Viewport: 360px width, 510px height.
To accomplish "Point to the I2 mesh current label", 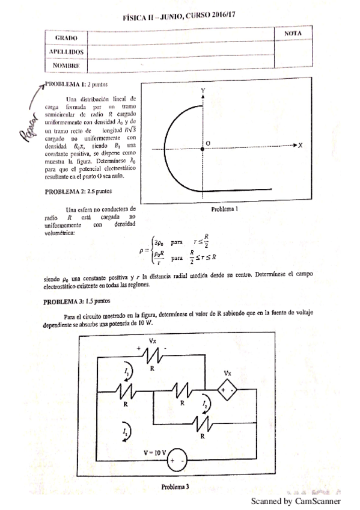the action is pos(205,404).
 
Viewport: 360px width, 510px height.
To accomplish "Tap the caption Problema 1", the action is pos(226,210).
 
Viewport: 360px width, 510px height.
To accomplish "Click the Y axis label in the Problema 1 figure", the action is pos(203,90).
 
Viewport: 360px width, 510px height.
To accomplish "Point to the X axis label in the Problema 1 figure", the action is pos(299,146).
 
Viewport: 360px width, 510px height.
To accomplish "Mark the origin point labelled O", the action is pos(207,143).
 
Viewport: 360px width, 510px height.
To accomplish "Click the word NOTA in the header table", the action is pos(292,34).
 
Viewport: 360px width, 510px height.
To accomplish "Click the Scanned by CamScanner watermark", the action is pos(295,500).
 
